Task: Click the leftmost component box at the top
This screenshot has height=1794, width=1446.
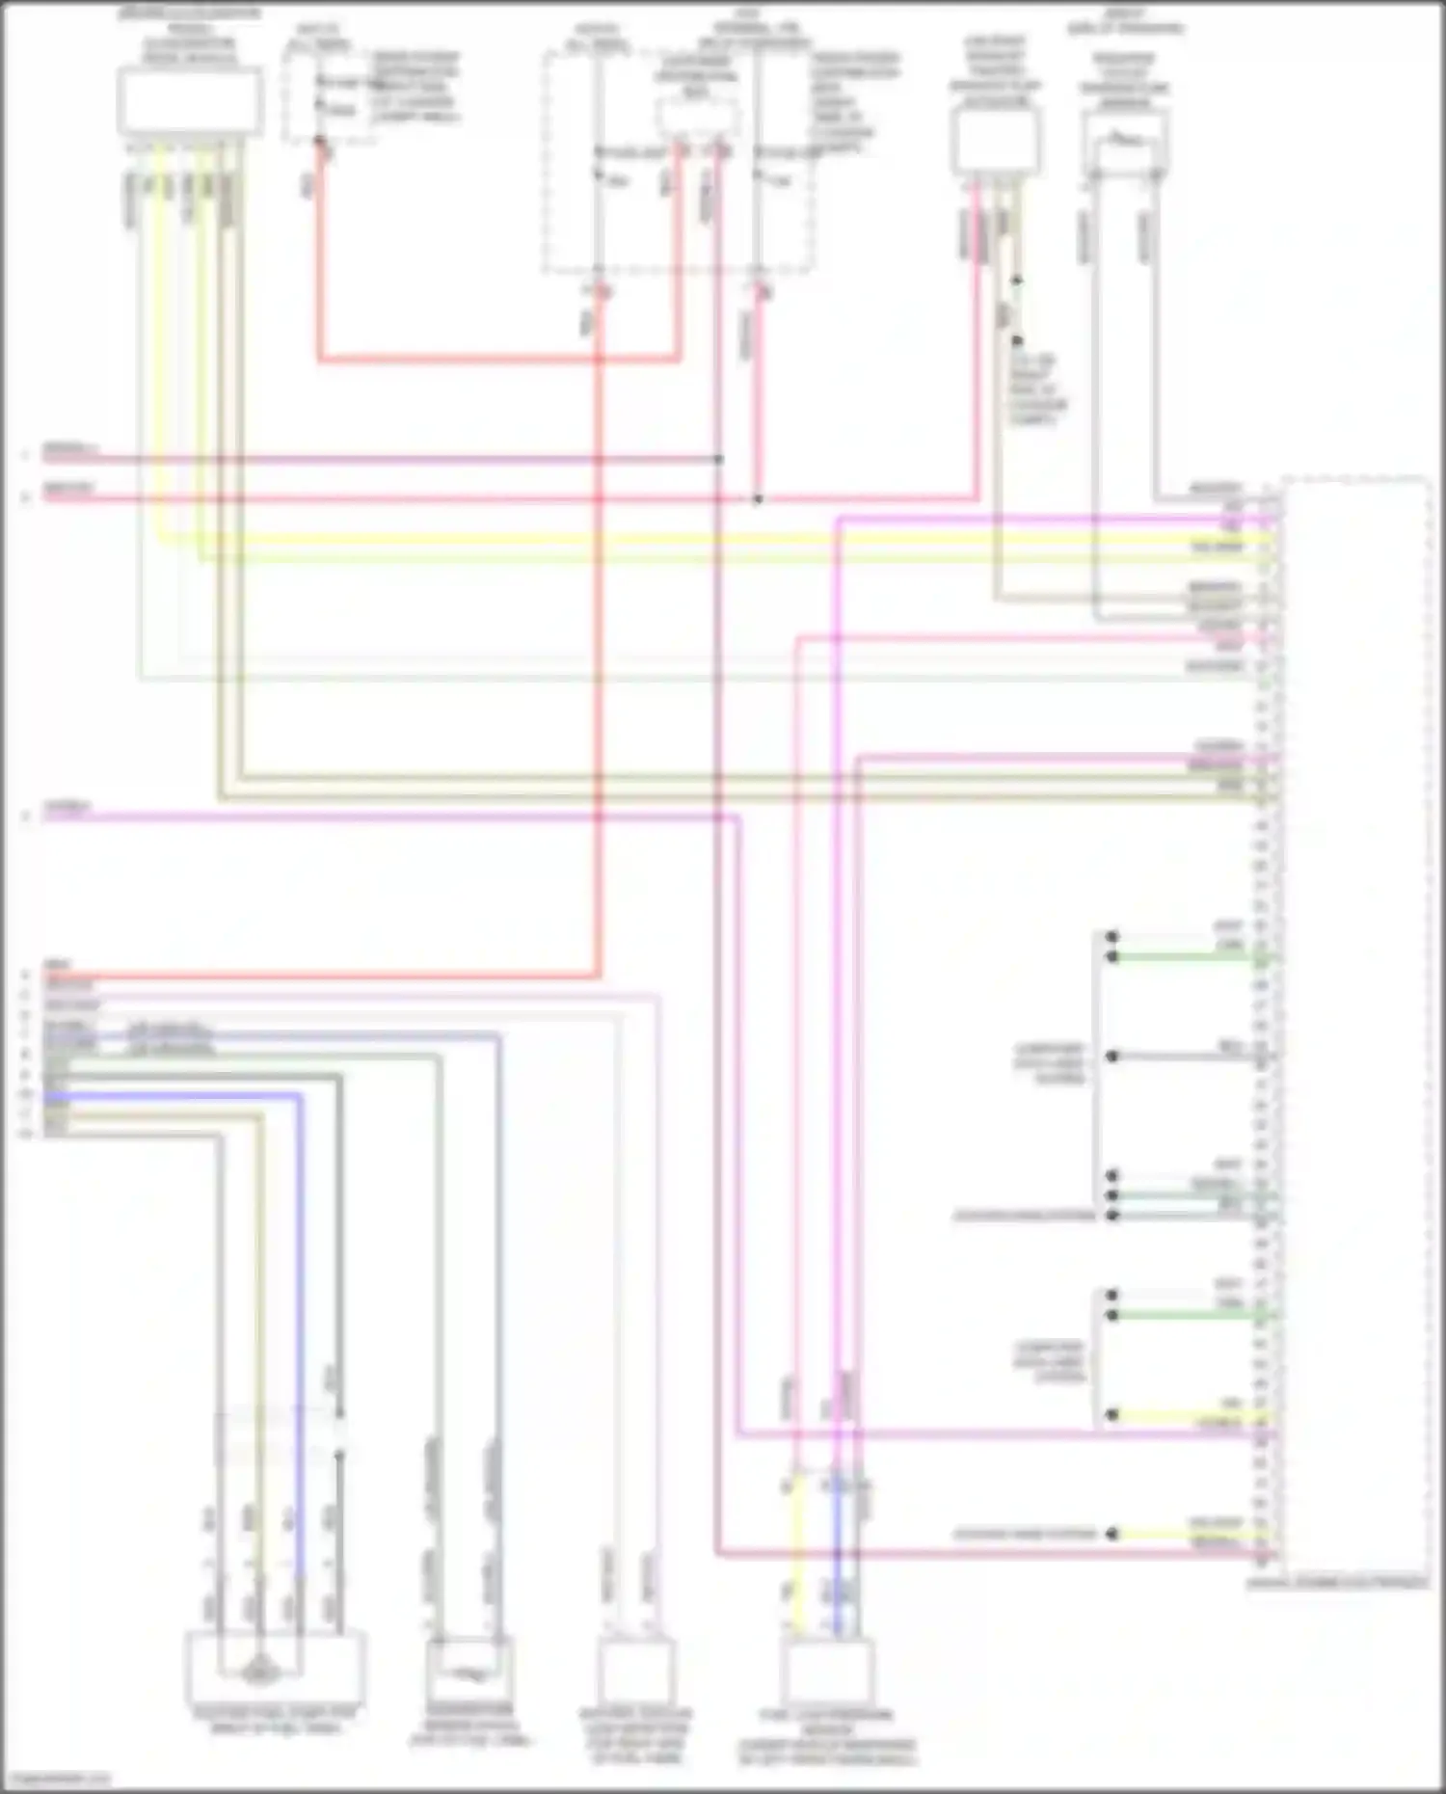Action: (x=189, y=100)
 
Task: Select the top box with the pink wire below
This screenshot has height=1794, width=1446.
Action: (x=995, y=141)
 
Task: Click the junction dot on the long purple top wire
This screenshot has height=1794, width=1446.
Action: (x=719, y=460)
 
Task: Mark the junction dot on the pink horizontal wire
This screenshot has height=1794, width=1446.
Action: (x=758, y=499)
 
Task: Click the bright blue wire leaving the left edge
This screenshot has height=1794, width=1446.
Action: (x=174, y=1096)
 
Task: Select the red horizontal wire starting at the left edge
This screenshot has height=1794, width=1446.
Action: (x=318, y=977)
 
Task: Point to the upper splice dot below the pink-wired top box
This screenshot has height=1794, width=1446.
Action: (x=1016, y=281)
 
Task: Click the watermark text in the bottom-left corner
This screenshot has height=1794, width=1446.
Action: (x=56, y=1779)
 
